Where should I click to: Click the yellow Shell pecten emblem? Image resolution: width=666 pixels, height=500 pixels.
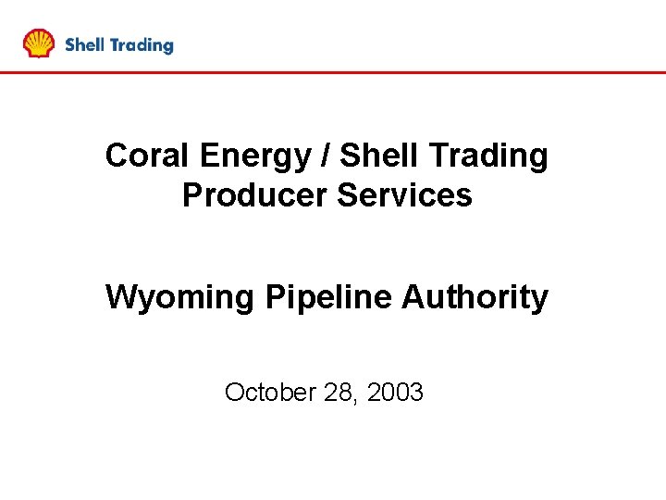39,44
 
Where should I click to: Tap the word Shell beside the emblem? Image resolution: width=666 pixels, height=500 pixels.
84,44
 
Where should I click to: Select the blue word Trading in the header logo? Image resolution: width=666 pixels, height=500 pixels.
141,45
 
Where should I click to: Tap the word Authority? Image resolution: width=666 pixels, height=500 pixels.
475,298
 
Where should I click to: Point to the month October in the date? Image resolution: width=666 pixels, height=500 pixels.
270,393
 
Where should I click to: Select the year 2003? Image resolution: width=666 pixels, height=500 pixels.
395,393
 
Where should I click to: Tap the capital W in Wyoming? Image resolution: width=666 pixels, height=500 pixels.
119,297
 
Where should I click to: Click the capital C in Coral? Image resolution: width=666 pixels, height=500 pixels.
117,156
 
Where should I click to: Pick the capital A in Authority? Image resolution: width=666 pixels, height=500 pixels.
413,297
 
